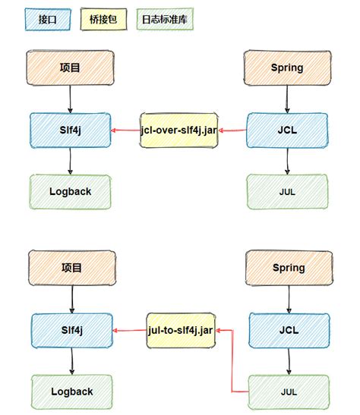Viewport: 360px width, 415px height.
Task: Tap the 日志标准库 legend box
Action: tap(166, 19)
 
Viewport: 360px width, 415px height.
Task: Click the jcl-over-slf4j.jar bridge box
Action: tap(179, 130)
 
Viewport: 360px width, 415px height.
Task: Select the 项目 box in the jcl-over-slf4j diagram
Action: tap(70, 68)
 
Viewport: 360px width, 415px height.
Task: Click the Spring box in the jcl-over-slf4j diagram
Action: tap(286, 68)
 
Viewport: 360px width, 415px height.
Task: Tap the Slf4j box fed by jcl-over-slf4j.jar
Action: tap(70, 130)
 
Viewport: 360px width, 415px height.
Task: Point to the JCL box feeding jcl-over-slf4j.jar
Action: tap(287, 130)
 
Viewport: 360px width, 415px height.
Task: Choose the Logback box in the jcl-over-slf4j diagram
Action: tap(70, 191)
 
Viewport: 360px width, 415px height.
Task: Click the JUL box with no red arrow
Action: tap(287, 191)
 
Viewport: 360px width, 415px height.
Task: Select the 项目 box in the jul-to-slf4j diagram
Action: tap(70, 267)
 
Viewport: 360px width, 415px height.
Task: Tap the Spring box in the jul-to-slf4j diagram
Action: tap(287, 267)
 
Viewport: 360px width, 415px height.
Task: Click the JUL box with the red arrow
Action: tap(287, 391)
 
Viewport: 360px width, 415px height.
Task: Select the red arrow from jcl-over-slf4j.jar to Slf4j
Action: tap(125, 130)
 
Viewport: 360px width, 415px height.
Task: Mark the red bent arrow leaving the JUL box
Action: tap(232, 364)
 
